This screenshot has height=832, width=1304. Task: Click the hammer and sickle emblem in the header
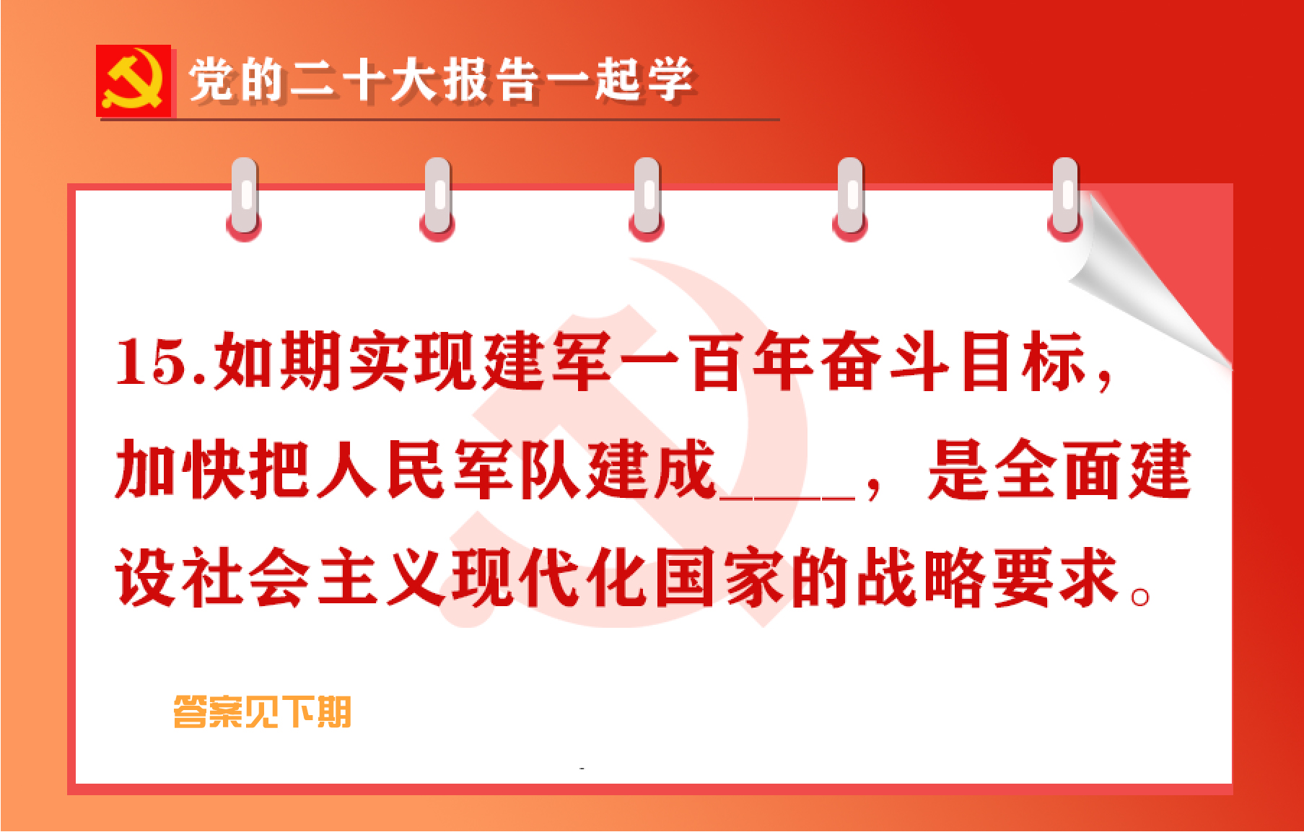(x=134, y=80)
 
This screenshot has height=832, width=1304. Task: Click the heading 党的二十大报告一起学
(x=440, y=79)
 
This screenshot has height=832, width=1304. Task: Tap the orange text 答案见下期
(x=262, y=712)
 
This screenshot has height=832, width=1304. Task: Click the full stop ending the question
(x=1140, y=597)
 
